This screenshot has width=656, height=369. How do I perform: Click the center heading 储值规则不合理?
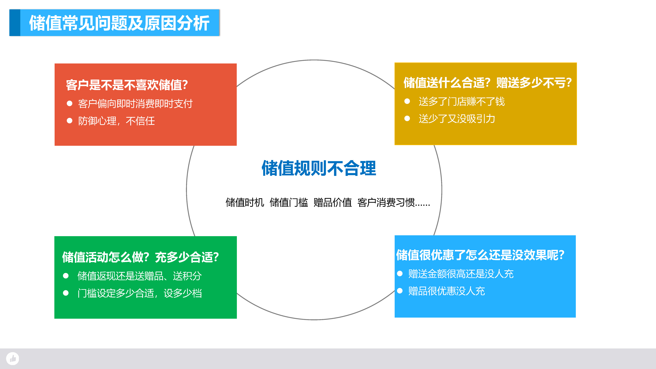(319, 168)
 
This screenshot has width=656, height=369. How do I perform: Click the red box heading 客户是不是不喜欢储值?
(127, 85)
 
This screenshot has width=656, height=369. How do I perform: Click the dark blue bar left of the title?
(15, 23)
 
